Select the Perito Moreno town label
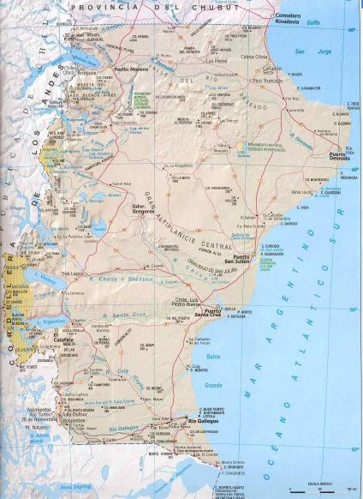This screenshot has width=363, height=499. pos(132,69)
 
